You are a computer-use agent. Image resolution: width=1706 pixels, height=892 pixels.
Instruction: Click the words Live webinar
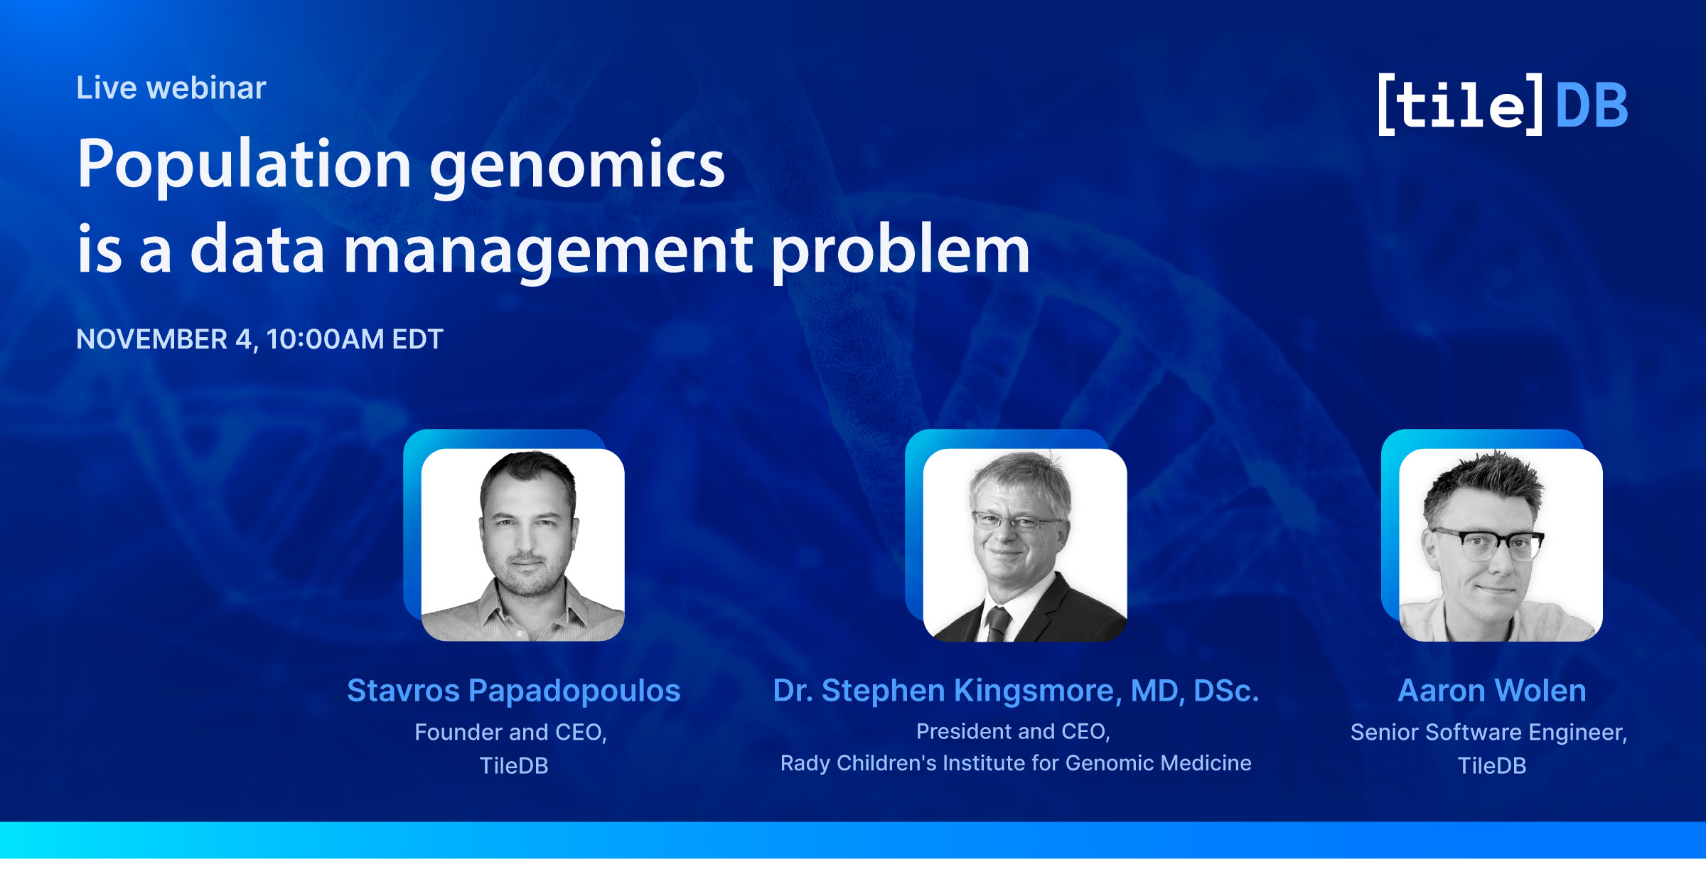tap(171, 88)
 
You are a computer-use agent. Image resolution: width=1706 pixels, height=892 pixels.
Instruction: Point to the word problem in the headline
tap(901, 250)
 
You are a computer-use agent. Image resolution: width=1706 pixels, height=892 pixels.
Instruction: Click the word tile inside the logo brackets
tap(1461, 105)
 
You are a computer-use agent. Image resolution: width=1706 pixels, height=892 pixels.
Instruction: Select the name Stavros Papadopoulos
tap(513, 691)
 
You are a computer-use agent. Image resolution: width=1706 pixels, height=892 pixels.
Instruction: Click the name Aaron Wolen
tap(1492, 691)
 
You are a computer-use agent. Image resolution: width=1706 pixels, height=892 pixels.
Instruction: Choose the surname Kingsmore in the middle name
tap(1037, 691)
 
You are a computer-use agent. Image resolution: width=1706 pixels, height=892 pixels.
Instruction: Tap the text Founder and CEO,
tap(510, 732)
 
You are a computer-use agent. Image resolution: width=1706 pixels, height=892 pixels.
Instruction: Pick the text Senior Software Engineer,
tap(1489, 733)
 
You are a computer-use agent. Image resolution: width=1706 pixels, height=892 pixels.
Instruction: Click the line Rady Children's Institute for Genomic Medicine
tap(1016, 763)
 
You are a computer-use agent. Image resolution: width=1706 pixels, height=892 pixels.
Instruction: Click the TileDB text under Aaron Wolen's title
tap(1492, 765)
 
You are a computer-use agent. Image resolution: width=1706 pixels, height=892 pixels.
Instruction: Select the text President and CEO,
tap(1013, 731)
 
